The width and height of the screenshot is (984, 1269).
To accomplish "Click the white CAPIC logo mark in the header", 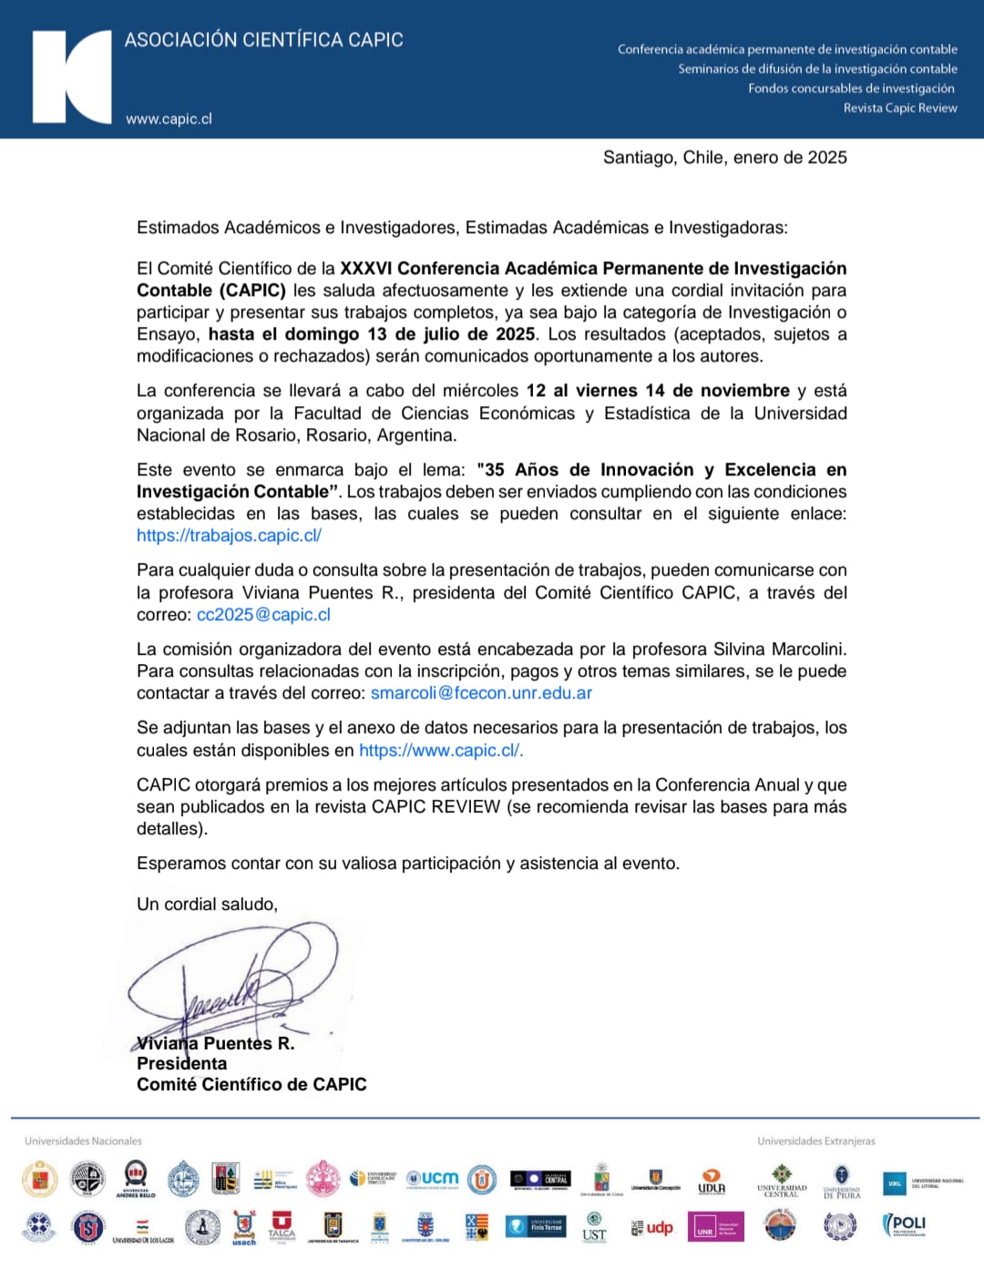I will (71, 77).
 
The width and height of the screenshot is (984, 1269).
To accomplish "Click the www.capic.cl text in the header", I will (169, 118).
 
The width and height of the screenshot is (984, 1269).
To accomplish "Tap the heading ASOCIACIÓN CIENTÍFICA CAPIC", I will (263, 40).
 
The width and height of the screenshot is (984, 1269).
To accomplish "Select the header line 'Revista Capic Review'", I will (899, 107).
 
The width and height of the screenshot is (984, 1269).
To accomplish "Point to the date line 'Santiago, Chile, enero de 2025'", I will (724, 158).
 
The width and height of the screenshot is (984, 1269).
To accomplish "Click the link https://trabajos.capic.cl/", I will (229, 536).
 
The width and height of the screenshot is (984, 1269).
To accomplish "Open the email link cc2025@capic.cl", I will (263, 615).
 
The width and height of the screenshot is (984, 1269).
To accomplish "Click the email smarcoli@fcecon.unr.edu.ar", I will (481, 693).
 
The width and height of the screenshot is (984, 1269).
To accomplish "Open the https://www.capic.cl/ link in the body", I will (440, 751).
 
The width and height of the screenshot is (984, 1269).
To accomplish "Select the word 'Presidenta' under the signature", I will (182, 1063).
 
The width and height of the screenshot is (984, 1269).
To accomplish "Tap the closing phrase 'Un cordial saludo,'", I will (207, 905).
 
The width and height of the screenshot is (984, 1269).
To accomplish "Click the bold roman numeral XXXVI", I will (365, 269).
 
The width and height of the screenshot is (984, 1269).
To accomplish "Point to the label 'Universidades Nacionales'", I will (83, 1141).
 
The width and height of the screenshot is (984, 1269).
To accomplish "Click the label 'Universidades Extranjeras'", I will (815, 1141).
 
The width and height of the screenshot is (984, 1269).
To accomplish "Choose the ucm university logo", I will (433, 1179).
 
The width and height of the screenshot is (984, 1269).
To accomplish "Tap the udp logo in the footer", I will (652, 1228).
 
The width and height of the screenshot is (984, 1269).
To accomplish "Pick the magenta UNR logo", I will (715, 1228).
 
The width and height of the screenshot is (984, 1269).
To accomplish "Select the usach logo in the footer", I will (243, 1228).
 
